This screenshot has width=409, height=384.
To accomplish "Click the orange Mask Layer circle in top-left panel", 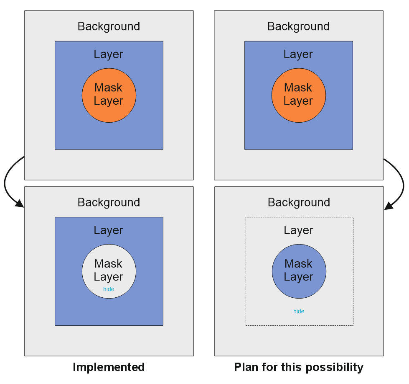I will point(109,95).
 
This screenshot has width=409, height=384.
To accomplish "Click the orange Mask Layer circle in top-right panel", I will point(298,95).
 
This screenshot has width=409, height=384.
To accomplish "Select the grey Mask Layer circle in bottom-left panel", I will point(109,271).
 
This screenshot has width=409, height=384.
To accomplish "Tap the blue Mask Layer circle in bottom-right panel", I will point(299,271).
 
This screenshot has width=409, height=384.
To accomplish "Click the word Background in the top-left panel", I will point(109,26).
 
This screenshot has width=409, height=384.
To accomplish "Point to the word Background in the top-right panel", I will point(298,26).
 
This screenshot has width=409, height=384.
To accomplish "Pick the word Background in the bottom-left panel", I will point(109,202).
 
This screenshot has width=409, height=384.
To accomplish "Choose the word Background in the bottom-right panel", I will point(299,202).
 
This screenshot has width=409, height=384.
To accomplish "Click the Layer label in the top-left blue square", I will point(109,54).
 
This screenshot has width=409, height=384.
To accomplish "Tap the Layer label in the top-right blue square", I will point(298,54).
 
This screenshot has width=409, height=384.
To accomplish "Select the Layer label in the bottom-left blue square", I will point(109,230).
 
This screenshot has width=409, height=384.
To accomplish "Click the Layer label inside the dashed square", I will point(299,230).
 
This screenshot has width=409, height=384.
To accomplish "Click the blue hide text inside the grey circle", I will point(109,289).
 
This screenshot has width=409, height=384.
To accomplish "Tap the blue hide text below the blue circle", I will point(299,311).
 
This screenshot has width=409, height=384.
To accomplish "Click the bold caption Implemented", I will point(109,367).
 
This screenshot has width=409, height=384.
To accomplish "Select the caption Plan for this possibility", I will point(299,367).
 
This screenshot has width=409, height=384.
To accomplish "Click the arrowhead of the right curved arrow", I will point(388,206).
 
